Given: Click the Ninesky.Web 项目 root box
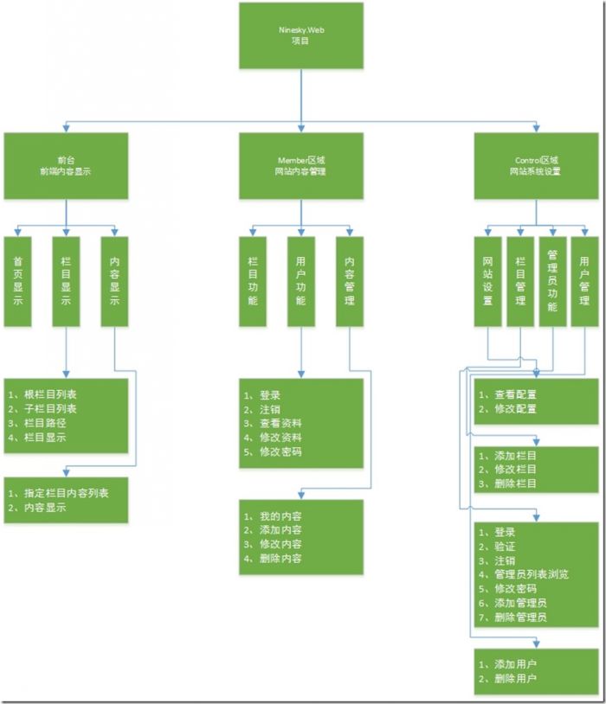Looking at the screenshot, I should [x=301, y=35].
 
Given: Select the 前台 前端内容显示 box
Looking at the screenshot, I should [x=66, y=166].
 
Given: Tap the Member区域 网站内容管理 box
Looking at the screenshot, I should [x=301, y=166].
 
